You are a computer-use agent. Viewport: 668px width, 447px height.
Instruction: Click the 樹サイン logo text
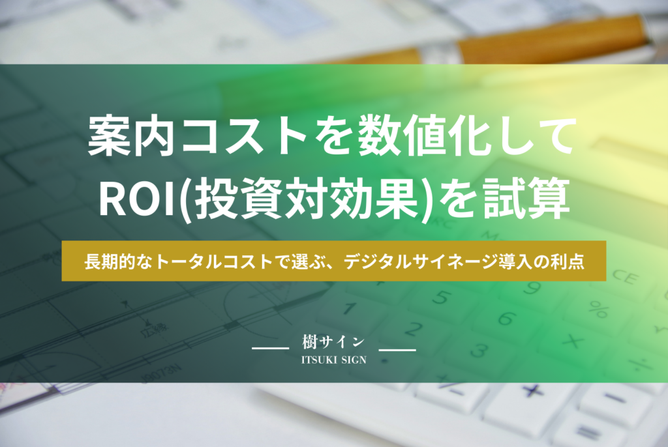(x=333, y=341)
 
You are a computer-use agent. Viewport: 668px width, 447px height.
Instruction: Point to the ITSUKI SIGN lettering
(x=333, y=360)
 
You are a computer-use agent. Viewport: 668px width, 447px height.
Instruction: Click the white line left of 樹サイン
(x=270, y=351)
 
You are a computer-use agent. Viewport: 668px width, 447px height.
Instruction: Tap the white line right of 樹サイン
(x=397, y=351)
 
